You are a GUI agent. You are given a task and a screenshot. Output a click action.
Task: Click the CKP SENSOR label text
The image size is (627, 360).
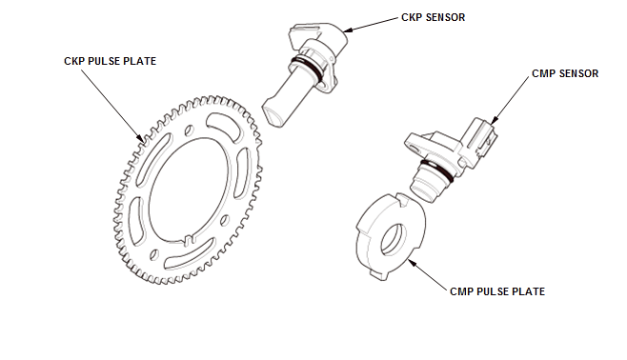tap(433, 17)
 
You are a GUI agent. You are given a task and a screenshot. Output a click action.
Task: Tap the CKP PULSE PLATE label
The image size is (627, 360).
tap(110, 61)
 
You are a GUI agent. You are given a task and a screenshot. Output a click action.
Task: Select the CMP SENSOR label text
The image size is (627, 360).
tap(565, 73)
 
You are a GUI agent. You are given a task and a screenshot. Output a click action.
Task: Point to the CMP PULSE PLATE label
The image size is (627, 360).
tap(497, 291)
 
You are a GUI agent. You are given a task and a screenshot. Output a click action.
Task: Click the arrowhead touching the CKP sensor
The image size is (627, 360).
tap(347, 30)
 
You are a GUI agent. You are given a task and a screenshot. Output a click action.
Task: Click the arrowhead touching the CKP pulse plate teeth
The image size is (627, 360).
tap(140, 137)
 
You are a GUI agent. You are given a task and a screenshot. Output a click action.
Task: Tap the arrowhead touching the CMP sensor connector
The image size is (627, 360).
tap(494, 119)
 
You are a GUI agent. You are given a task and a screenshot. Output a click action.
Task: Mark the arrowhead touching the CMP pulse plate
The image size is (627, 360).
tap(412, 263)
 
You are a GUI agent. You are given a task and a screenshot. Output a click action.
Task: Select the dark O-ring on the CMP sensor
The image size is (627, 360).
tap(437, 170)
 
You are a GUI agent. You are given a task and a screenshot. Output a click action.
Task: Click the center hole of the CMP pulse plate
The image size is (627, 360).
tap(394, 239)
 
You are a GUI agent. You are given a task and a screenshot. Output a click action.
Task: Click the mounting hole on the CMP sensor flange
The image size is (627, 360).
tap(414, 149)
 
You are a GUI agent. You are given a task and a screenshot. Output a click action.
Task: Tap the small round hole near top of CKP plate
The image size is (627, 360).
tap(189, 130)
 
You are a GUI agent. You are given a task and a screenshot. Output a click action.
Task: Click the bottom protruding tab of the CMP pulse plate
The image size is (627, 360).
tap(378, 275)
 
